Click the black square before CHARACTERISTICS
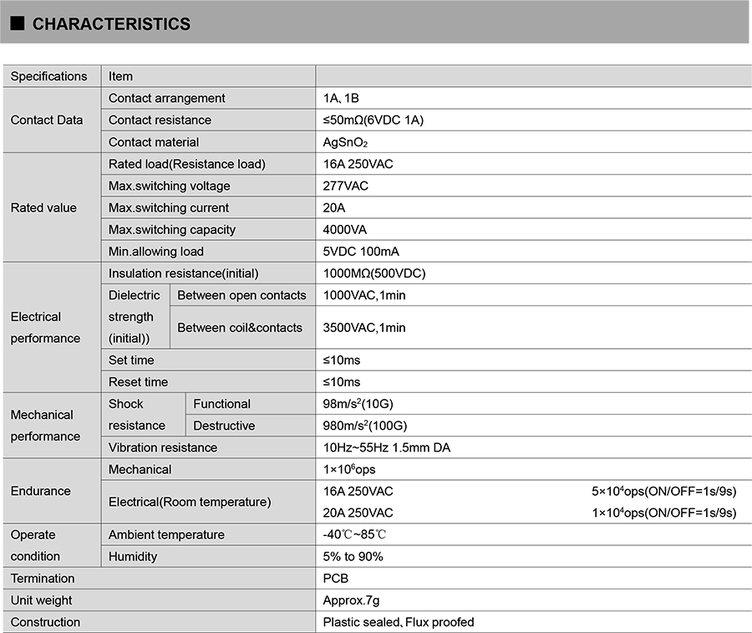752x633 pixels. (x=17, y=24)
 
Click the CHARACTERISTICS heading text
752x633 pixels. (x=111, y=24)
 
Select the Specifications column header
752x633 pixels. (x=48, y=76)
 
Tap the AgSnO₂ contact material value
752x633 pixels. (x=344, y=142)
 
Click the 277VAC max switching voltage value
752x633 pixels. (x=345, y=186)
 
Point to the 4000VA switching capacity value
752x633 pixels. (x=344, y=229)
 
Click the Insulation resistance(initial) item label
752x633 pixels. (x=183, y=273)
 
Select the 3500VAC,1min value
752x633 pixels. (x=364, y=328)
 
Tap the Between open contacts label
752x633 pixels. (x=241, y=295)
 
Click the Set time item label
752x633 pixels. (x=131, y=360)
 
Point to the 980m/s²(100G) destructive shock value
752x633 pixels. (x=365, y=426)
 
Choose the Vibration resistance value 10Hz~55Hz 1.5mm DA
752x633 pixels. (x=386, y=447)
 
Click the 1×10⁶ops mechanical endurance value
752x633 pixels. (x=349, y=469)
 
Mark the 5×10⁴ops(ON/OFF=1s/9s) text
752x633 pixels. (x=663, y=491)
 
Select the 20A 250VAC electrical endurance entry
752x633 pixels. (x=358, y=513)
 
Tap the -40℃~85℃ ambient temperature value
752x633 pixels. (x=354, y=534)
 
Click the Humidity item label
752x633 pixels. (x=133, y=556)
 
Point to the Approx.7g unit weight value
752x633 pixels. (x=351, y=600)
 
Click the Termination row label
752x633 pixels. (x=43, y=579)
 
